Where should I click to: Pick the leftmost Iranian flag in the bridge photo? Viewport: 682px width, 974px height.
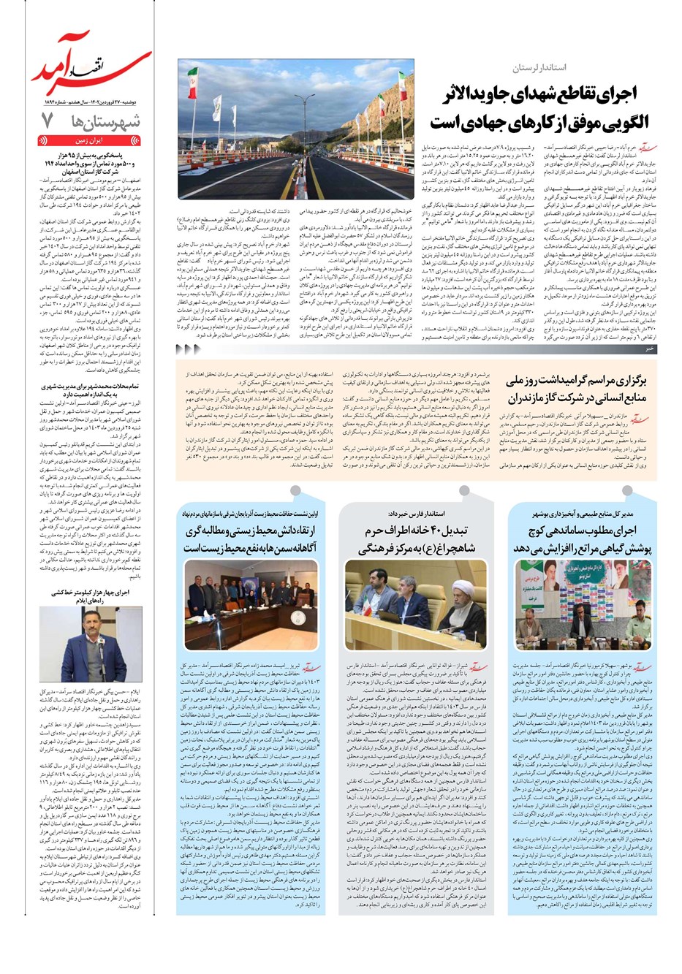tap(192, 82)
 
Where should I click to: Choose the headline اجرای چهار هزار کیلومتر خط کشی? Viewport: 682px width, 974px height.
tap(95, 596)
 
